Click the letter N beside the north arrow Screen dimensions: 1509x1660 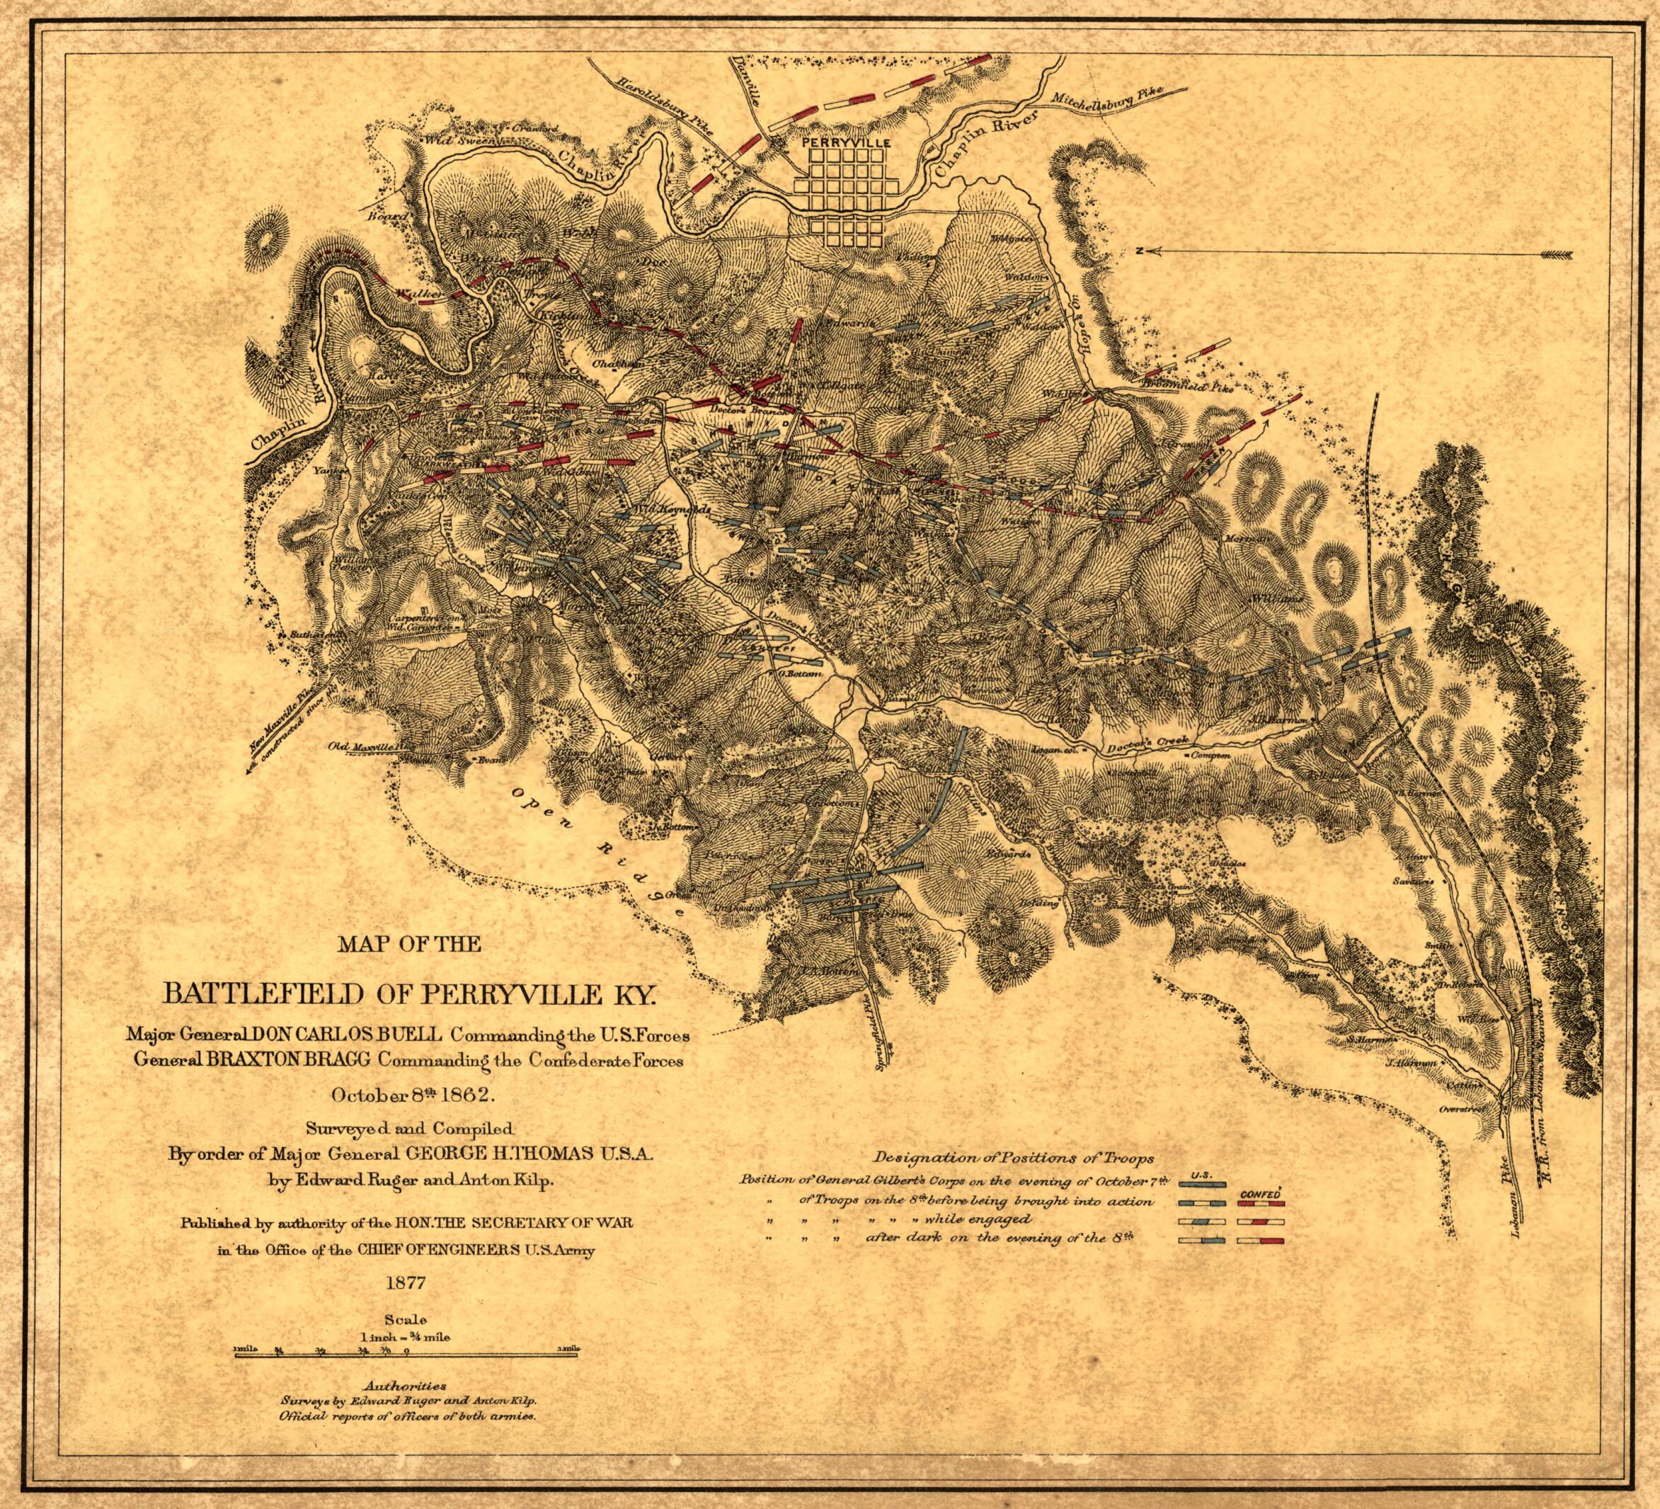click(x=1139, y=251)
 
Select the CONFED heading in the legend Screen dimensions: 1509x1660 click(x=1259, y=1192)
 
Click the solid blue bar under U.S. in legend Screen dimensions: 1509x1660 click(x=1201, y=1185)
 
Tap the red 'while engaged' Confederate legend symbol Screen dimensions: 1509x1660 click(x=1260, y=1222)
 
